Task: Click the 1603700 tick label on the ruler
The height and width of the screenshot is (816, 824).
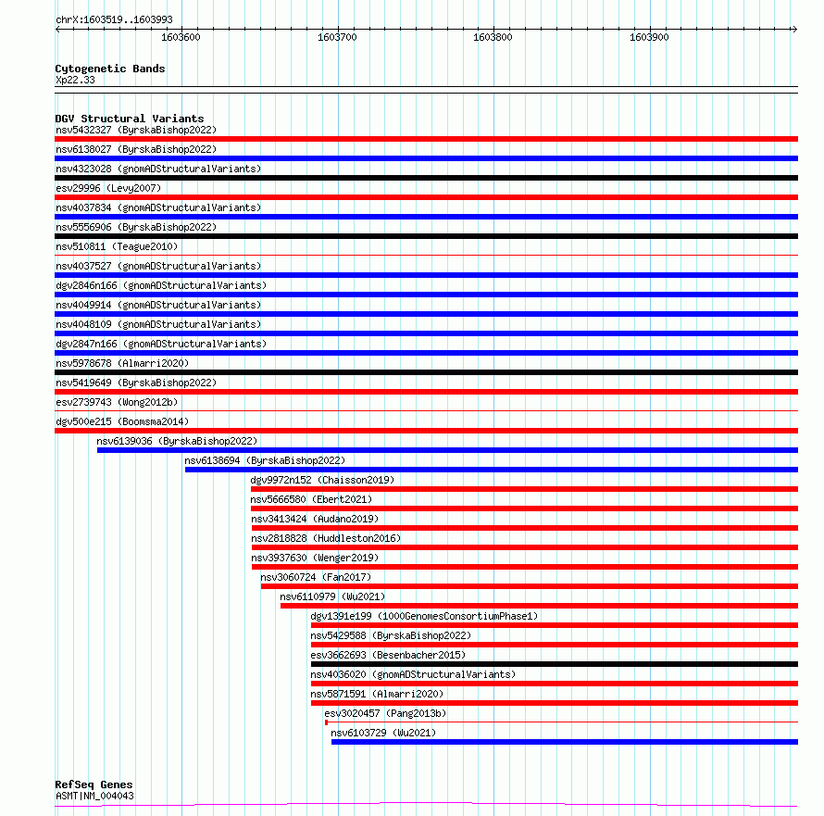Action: point(337,37)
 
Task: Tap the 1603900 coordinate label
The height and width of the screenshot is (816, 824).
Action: point(649,37)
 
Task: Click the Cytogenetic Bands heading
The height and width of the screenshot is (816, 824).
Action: point(109,69)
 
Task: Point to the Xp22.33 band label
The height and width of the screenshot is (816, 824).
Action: point(75,81)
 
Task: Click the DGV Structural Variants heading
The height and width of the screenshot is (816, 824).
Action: point(129,119)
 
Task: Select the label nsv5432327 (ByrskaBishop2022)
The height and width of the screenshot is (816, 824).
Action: point(136,131)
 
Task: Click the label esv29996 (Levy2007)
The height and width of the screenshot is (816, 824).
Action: point(108,188)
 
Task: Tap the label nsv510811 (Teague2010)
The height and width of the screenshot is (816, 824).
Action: point(117,246)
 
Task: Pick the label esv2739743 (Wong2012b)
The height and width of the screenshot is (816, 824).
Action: point(117,402)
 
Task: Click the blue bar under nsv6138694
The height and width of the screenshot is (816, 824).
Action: point(491,470)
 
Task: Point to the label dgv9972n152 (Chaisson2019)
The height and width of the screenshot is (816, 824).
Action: point(322,480)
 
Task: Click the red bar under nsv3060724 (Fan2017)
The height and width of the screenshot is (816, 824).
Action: point(529,586)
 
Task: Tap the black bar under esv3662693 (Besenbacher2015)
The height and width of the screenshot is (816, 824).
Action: point(554,664)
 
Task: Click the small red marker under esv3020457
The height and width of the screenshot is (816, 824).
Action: point(326,722)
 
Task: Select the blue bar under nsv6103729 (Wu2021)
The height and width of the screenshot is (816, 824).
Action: point(564,742)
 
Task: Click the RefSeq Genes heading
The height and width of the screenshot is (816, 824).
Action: point(94,785)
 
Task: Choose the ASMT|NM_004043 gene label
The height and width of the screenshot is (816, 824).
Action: point(94,796)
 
